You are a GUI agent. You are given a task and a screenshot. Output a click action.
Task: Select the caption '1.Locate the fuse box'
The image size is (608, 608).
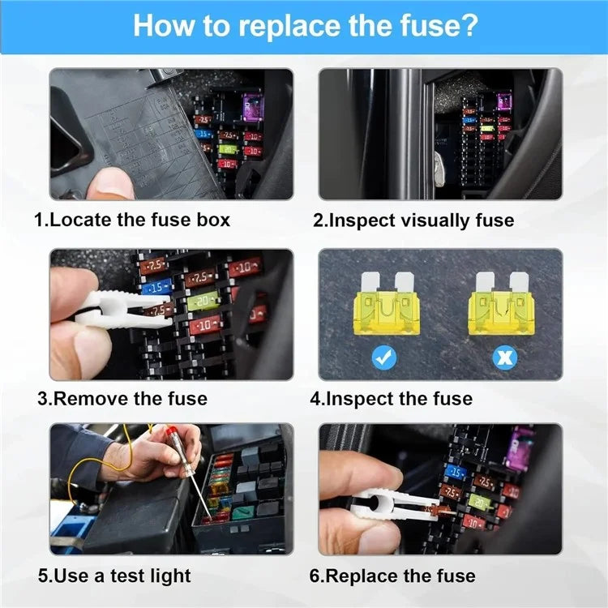[x=132, y=220]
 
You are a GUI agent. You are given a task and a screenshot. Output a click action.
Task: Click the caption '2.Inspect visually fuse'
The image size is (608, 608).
[x=413, y=220]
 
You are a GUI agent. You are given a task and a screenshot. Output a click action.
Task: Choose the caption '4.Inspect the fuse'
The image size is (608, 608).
[x=392, y=398]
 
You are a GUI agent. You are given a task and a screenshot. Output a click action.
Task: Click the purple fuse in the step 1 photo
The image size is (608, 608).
[x=252, y=105]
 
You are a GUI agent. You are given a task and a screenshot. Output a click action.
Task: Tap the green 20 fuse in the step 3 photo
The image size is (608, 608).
[x=203, y=302]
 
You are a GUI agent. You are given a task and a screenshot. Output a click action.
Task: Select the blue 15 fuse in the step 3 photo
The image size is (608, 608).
[x=156, y=286]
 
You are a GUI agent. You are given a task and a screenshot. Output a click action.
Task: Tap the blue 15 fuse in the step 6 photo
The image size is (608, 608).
[x=456, y=473]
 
